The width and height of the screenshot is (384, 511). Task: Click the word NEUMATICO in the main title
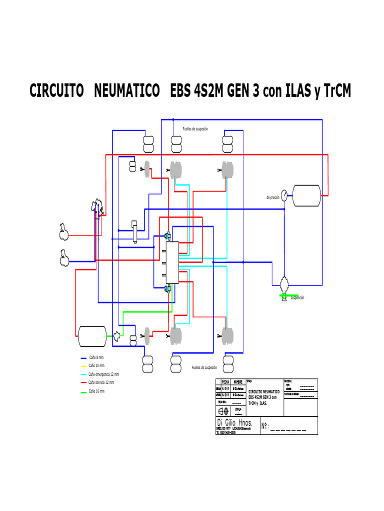coord(127,91)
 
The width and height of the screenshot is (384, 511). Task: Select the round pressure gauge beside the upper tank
coord(284,195)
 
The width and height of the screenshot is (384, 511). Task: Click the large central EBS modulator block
coord(166,263)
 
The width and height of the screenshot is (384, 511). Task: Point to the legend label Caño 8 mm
coord(96,358)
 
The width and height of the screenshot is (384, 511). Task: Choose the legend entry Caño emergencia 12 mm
coord(103,374)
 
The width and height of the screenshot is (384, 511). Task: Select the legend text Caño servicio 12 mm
coord(101,382)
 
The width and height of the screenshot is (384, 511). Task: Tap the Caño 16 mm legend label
coord(96,391)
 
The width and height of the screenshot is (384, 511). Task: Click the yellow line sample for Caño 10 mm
coord(83,366)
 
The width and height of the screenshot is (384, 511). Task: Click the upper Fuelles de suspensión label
coord(195,129)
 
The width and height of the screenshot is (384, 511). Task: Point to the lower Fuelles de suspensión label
coord(204,368)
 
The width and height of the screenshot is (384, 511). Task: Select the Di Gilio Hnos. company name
coord(235,423)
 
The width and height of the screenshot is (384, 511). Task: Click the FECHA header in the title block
coord(225,382)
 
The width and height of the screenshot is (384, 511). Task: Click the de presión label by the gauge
coord(272,198)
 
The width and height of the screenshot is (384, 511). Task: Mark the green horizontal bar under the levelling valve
coord(289,296)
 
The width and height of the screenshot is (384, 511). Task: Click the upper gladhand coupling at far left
coord(64,230)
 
